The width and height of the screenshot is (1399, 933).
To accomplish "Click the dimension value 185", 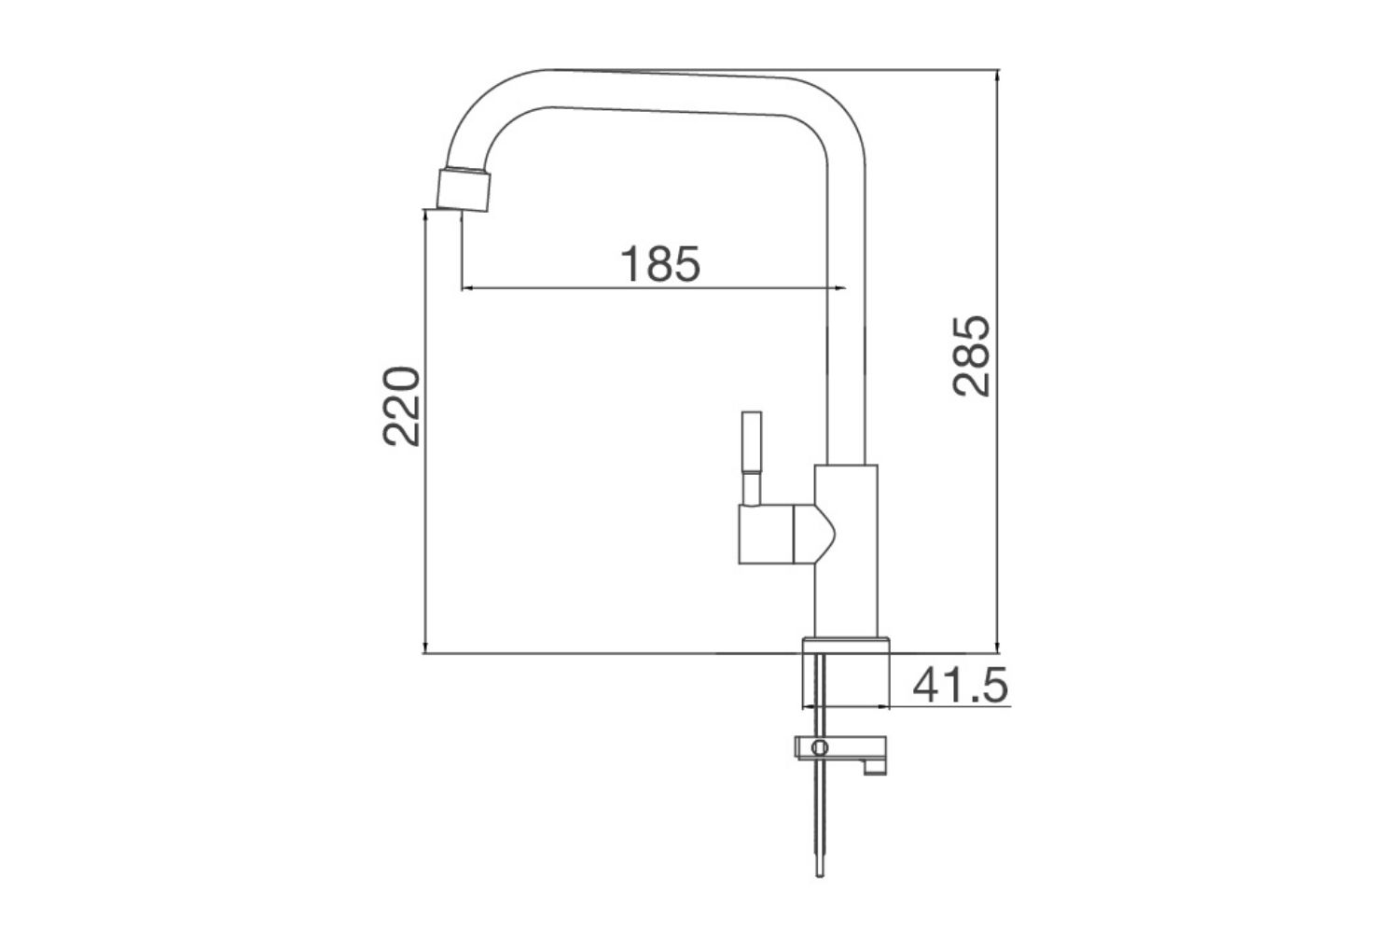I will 660,264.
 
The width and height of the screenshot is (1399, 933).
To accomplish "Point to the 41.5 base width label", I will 960,687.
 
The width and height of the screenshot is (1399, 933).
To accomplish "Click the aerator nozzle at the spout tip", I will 464,189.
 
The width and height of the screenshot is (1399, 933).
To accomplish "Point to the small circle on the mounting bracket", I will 820,747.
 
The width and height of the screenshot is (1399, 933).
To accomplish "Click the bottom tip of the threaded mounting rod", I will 820,872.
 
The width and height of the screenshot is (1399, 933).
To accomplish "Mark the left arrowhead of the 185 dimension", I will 466,288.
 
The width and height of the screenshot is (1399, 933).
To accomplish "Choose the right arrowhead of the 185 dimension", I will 841,288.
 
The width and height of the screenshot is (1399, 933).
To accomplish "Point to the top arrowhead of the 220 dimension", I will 426,216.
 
